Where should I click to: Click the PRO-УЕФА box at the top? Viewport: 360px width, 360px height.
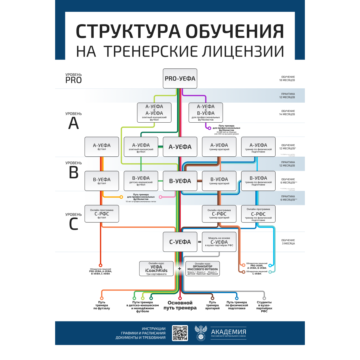point(180,78)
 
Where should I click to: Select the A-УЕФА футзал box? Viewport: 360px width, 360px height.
point(102,147)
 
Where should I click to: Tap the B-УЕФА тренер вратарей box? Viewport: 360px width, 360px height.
point(219,181)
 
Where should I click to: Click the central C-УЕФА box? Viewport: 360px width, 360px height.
point(180,242)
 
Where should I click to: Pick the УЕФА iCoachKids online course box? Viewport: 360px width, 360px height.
point(156,269)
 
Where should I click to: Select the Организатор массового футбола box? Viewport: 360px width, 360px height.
point(202,269)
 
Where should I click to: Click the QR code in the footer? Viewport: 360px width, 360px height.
point(180,333)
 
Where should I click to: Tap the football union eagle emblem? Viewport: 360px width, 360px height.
point(201,333)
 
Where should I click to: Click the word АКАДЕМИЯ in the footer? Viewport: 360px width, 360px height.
point(229,332)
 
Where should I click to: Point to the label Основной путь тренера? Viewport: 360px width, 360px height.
point(180,305)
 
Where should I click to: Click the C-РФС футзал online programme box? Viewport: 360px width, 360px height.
point(102,214)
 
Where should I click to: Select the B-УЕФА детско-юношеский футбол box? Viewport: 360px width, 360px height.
point(141,181)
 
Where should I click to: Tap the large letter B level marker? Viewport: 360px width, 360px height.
point(74,172)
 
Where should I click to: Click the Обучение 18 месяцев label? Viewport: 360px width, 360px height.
point(287,78)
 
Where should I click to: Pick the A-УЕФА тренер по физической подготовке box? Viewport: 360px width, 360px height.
point(258,147)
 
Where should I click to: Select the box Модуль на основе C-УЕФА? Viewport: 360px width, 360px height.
point(219,242)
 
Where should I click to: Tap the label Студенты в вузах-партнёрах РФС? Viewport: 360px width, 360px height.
point(264,307)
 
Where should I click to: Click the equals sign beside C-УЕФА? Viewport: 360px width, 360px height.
point(200,242)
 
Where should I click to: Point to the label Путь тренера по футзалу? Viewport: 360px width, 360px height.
point(102,305)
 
